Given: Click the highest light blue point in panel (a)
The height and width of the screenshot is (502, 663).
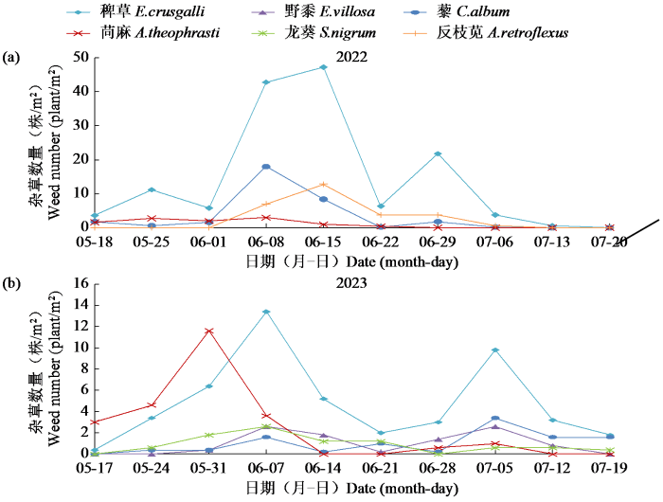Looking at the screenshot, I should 324,67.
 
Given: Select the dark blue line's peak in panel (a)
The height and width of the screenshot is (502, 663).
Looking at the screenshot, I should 266,167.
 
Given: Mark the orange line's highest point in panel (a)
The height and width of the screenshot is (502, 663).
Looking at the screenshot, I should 324,184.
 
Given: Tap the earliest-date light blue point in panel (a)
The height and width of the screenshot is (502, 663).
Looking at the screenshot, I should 94,216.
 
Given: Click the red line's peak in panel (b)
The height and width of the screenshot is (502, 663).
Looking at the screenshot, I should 209,331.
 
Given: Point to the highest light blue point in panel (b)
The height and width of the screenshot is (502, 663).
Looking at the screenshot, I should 266,312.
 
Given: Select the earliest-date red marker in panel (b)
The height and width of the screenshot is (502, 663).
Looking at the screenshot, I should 94,422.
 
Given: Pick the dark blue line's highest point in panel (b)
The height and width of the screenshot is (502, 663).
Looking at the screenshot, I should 495,418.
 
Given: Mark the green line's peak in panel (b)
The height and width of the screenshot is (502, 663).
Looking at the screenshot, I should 266,427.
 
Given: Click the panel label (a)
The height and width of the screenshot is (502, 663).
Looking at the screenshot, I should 13,58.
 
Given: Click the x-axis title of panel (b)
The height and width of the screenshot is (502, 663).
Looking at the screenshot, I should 351,489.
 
